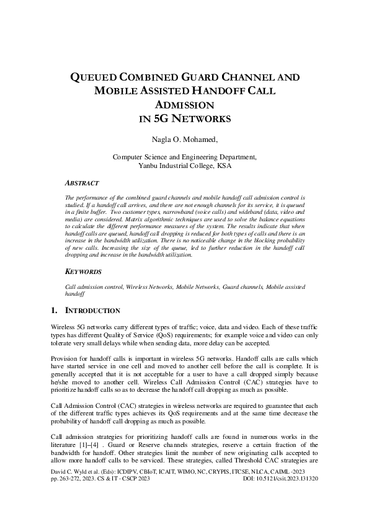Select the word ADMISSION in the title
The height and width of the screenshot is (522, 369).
point(184,105)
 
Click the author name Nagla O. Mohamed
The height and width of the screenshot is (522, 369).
point(184,139)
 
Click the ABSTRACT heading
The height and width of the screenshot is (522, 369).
point(82,184)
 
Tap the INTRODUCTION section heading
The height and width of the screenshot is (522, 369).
point(93,311)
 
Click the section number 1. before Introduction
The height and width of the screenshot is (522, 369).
point(54,311)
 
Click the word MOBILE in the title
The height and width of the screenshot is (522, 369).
point(115,91)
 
